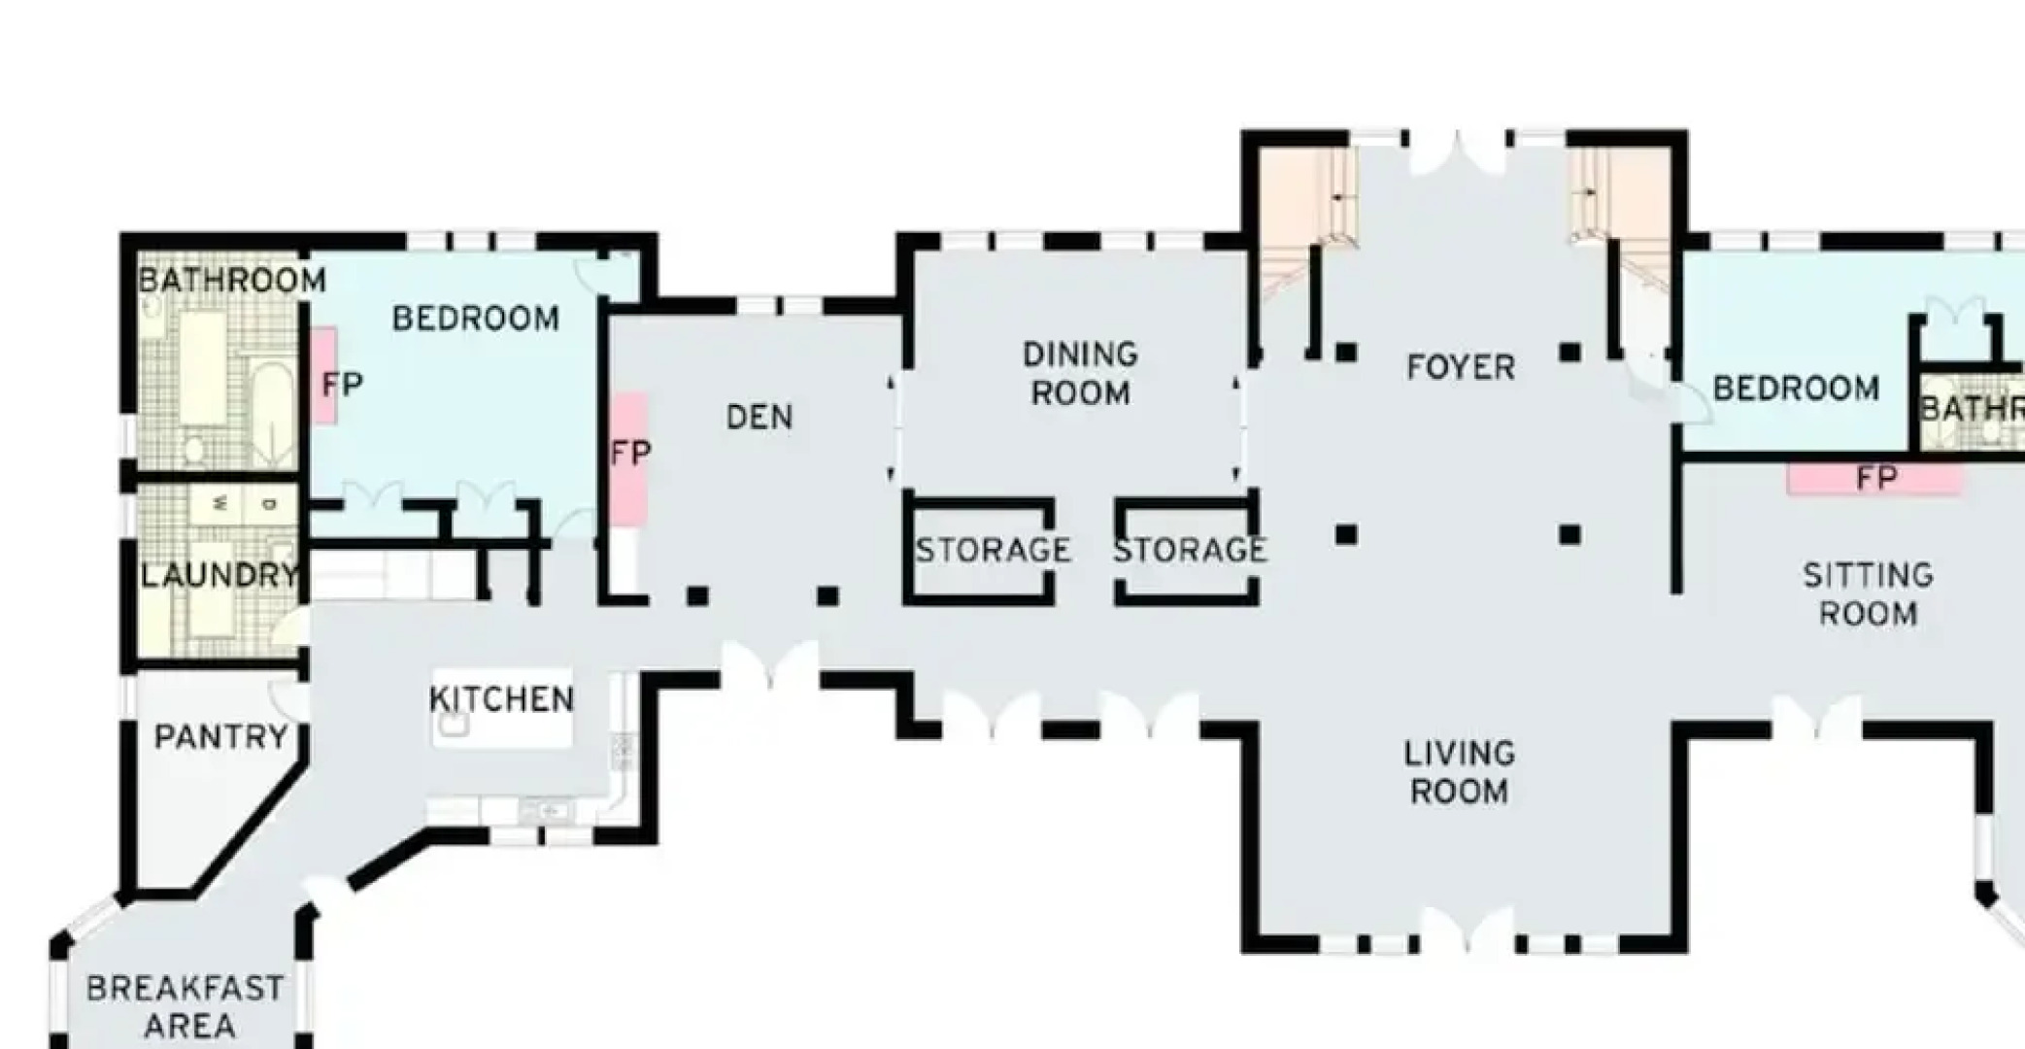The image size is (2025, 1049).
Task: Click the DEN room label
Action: tap(759, 418)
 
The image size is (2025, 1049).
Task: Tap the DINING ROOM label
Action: tap(1080, 374)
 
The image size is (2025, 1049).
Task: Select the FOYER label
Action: tap(1460, 368)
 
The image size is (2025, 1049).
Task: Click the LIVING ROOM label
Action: tap(1459, 772)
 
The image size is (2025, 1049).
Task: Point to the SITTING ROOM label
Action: tap(1868, 594)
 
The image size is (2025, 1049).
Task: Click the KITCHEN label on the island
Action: tap(501, 699)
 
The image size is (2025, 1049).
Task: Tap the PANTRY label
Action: tap(220, 737)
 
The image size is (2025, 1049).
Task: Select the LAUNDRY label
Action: tap(219, 576)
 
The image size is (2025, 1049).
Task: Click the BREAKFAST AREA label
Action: tap(186, 1006)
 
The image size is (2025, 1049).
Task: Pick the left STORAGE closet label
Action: tap(993, 551)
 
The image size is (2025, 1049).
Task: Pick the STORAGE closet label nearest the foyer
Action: tap(1189, 551)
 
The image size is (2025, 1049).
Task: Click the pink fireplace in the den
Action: tap(628, 457)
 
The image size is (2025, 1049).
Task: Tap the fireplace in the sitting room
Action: tap(1874, 479)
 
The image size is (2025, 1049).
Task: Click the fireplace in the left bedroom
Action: tap(324, 379)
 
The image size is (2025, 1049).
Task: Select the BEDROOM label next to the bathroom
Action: tap(475, 319)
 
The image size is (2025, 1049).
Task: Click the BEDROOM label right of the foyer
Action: tap(1795, 389)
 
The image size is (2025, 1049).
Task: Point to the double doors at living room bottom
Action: tap(1467, 931)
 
